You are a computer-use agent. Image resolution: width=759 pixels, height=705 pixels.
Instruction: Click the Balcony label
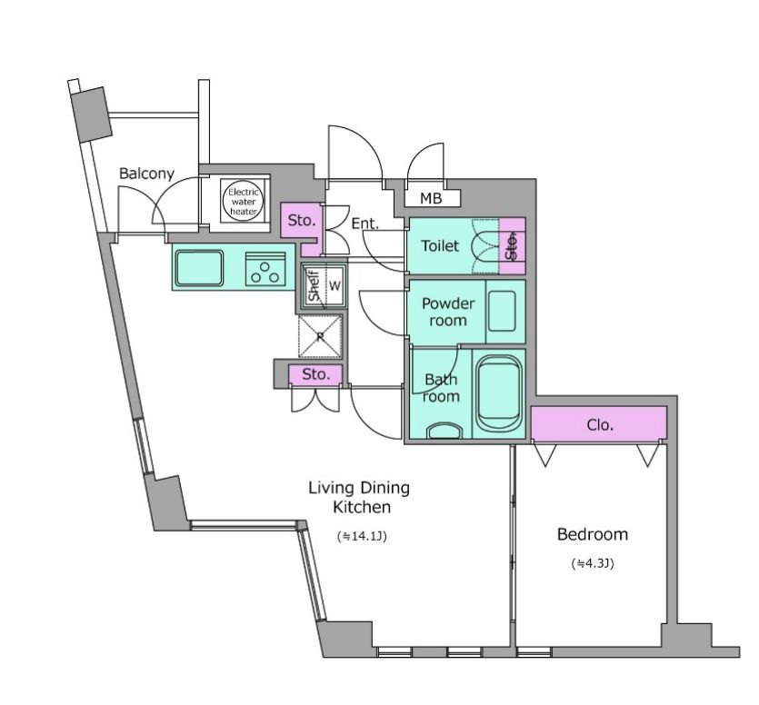point(146,174)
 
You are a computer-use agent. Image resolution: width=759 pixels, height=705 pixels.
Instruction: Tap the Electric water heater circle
point(244,202)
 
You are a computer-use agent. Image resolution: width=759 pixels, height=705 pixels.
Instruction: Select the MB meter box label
point(431,198)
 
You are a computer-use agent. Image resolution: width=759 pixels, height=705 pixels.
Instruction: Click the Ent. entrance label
point(365,223)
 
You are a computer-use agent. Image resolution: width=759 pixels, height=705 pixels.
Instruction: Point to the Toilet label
point(440,246)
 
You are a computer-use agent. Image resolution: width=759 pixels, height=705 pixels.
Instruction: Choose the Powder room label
point(448,312)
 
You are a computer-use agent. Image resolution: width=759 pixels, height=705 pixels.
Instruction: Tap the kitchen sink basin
point(199,268)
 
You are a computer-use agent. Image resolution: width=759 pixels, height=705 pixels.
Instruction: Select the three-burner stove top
point(265,268)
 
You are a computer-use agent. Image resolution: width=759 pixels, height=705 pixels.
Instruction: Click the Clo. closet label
point(600,425)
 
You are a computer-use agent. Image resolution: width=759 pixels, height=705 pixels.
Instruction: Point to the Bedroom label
point(593,534)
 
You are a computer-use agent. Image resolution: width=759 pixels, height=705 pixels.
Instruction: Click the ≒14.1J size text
point(362,536)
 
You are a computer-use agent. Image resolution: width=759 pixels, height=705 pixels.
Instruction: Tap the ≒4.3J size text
point(593,563)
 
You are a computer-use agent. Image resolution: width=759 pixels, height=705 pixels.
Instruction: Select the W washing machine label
point(335,286)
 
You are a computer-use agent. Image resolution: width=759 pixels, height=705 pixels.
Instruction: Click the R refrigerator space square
point(320,336)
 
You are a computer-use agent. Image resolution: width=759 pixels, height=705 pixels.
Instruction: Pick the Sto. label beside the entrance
point(302,221)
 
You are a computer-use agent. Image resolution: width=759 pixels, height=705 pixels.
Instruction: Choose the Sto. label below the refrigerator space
point(316,374)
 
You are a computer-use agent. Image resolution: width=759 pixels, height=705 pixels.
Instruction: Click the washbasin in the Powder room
point(502,311)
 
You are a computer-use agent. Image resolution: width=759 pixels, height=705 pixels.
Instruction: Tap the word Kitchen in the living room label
point(362,507)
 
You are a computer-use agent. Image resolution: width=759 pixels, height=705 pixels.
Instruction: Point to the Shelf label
point(315,285)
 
